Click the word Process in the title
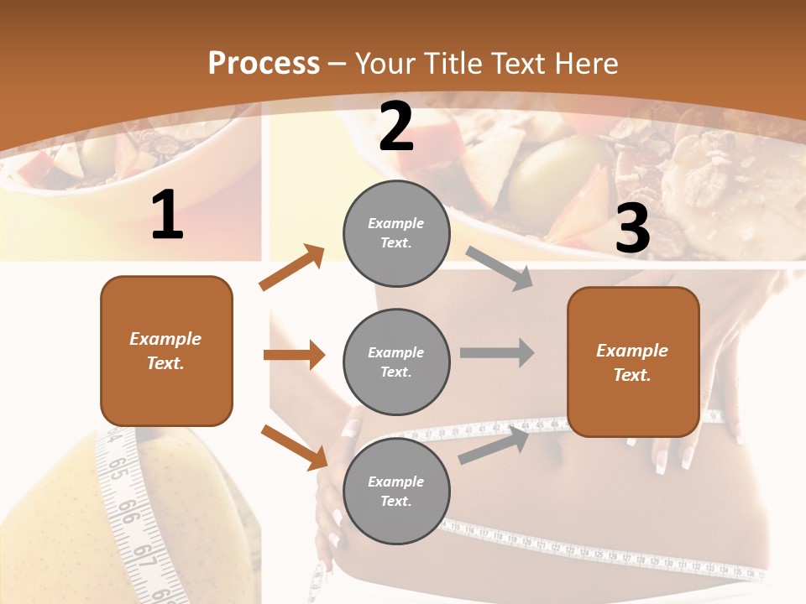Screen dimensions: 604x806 264,63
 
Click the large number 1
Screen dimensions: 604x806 166,216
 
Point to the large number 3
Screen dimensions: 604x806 632,229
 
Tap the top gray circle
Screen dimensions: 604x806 396,233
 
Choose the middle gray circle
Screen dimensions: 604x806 396,362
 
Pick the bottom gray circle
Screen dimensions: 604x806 396,491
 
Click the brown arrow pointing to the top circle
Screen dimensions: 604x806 292,267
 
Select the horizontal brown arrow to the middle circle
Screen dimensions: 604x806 294,355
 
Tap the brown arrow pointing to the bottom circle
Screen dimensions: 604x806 294,446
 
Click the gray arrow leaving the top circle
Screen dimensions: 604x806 500,268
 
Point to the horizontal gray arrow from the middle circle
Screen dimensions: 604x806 497,352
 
